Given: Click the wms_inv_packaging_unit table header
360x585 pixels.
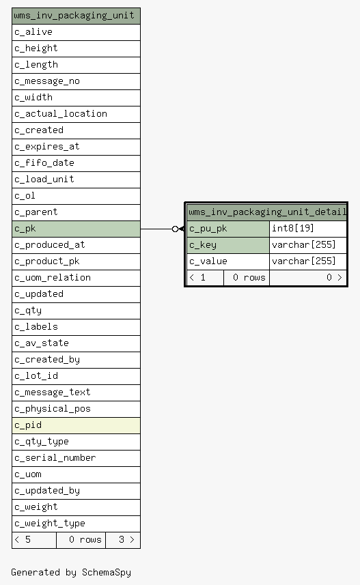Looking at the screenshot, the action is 77,16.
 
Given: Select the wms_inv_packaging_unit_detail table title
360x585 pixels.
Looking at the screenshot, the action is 266,212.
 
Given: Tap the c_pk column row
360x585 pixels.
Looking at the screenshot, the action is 77,229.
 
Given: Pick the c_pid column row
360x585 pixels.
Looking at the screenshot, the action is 77,425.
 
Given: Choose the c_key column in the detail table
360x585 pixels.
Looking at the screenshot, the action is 228,245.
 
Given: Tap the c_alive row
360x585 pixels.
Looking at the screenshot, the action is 77,32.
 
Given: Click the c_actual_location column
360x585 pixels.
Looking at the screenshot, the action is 77,114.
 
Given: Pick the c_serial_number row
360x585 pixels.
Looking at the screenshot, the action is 77,458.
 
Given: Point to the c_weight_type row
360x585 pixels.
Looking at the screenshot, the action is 77,524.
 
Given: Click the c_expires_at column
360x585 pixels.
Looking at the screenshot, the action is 77,147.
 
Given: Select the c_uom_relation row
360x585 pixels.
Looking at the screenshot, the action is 77,278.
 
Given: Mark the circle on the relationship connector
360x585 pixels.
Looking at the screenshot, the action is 175,229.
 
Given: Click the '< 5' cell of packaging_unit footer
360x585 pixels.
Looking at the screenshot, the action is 34,540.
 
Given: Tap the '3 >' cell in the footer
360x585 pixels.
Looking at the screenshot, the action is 123,540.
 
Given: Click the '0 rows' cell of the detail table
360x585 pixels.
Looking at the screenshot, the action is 247,278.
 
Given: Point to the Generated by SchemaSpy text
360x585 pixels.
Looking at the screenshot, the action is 71,573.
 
